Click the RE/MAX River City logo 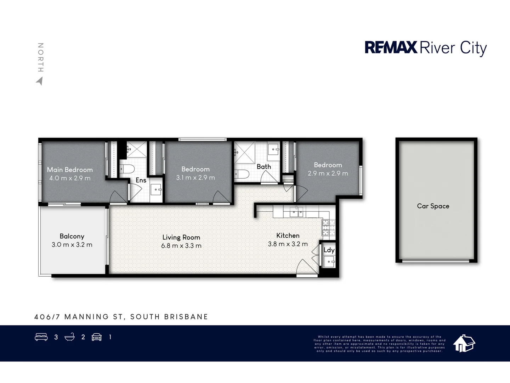pyautogui.click(x=426, y=48)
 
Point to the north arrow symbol pyautogui.click(x=39, y=81)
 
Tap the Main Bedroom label pyautogui.click(x=70, y=170)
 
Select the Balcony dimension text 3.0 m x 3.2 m pyautogui.click(x=72, y=245)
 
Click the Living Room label pyautogui.click(x=181, y=237)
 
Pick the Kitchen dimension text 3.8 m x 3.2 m pyautogui.click(x=288, y=244)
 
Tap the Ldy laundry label pyautogui.click(x=329, y=250)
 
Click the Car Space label pyautogui.click(x=433, y=206)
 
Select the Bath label pyautogui.click(x=263, y=167)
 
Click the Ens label pyautogui.click(x=141, y=180)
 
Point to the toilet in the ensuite pyautogui.click(x=126, y=168)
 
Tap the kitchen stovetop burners pyautogui.click(x=328, y=227)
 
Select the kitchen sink pyautogui.click(x=296, y=212)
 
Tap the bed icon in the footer pyautogui.click(x=41, y=337)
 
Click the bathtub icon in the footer pyautogui.click(x=70, y=337)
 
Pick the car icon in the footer pyautogui.click(x=97, y=337)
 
